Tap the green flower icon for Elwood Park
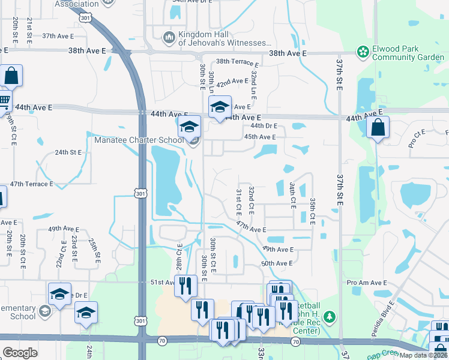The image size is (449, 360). coord(363,53)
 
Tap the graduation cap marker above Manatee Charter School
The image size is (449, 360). coord(188,127)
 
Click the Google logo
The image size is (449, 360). coord(20,352)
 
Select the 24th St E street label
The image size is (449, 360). coord(68,152)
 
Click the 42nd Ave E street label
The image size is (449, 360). coord(232,81)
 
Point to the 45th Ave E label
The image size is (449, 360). coord(260,137)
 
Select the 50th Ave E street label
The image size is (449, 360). coord(277,263)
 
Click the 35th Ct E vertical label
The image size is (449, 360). coord(312,211)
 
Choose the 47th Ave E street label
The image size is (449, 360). coord(251,227)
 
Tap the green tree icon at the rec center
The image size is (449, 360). coord(328,316)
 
